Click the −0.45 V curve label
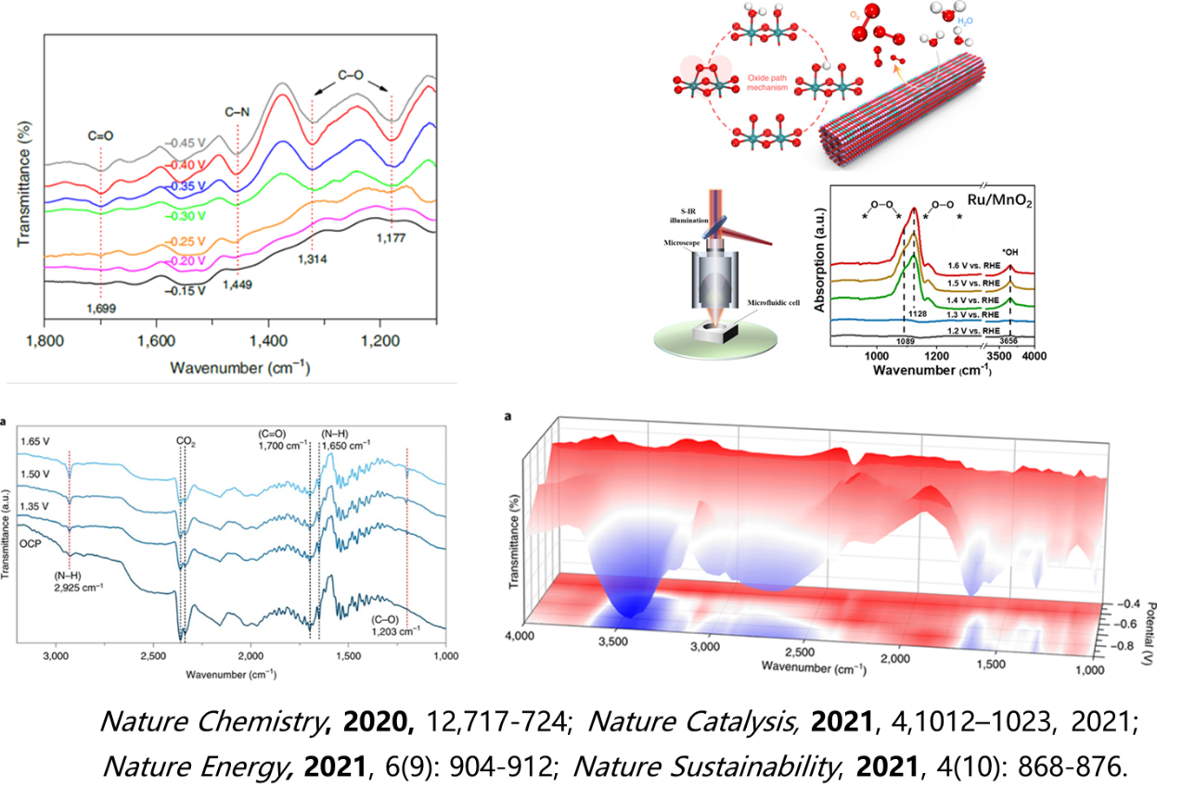[x=186, y=143]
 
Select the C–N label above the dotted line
[x=238, y=112]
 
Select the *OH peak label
[x=1010, y=250]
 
